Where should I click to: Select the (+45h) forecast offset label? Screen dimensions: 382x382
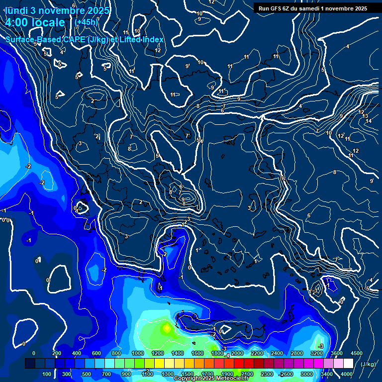point(86,22)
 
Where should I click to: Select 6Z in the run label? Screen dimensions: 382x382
point(287,8)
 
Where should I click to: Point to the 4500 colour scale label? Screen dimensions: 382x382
point(357,353)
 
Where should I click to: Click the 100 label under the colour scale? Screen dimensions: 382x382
point(47,374)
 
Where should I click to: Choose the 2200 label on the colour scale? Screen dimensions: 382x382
point(257,353)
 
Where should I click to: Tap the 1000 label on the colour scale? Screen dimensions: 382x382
point(137,353)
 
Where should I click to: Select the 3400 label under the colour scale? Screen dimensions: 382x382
point(326,374)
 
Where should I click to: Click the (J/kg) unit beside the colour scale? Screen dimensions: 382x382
point(368,364)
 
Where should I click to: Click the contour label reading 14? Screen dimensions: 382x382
point(369,121)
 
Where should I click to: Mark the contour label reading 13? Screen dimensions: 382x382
point(365,116)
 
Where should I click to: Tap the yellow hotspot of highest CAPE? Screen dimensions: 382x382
point(166,328)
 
